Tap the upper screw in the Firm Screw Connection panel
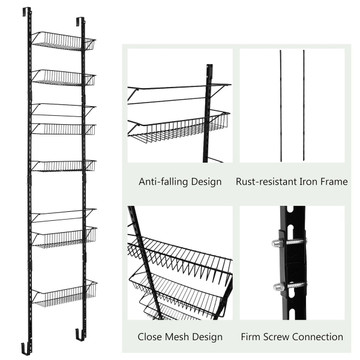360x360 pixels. [x=289, y=242]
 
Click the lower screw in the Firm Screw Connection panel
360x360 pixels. [x=289, y=286]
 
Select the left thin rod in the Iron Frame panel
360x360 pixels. [x=281, y=106]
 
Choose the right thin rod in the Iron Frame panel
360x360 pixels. [x=304, y=106]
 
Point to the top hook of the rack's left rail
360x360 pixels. [x=27, y=11]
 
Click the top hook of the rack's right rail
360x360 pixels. [x=80, y=21]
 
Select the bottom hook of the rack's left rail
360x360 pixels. [x=26, y=348]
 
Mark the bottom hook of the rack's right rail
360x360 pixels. [x=80, y=334]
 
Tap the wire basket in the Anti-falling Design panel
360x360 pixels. [x=179, y=127]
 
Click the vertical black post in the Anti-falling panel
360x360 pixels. [x=208, y=113]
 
